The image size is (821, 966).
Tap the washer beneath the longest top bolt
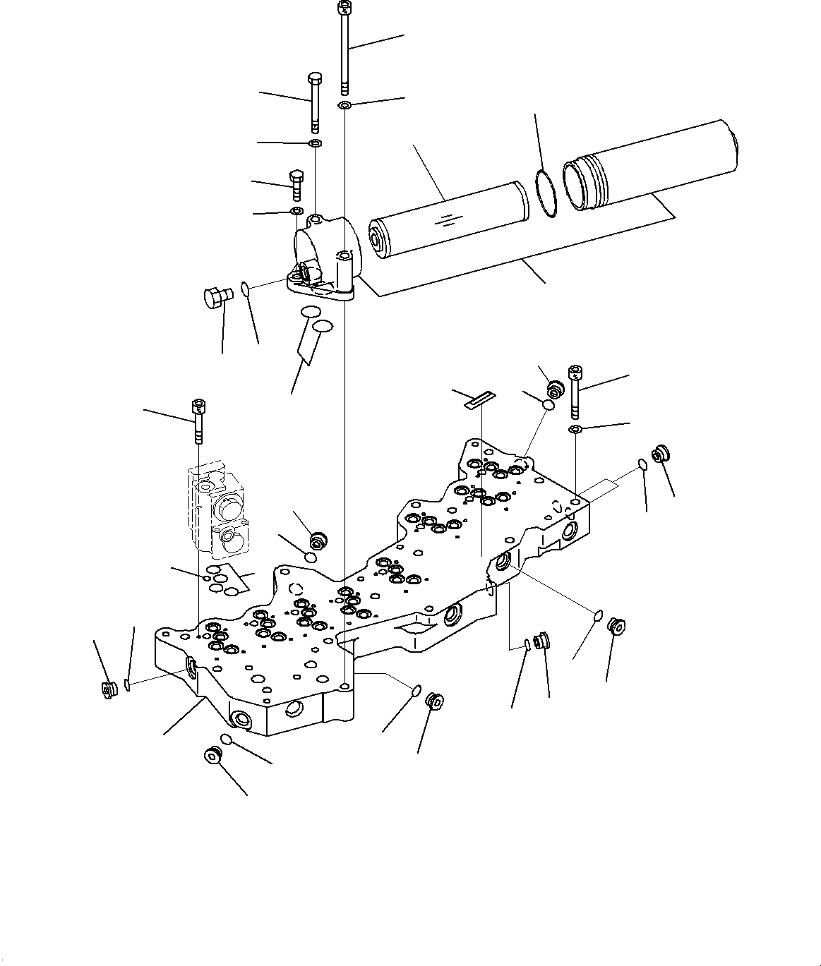coord(344,106)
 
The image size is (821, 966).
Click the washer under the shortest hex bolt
coord(296,211)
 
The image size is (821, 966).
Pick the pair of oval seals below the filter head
coord(316,319)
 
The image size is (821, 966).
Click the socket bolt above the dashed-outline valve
coord(197,421)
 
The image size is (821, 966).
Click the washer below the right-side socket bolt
coord(575,429)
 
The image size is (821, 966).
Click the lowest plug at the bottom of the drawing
coord(212,755)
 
